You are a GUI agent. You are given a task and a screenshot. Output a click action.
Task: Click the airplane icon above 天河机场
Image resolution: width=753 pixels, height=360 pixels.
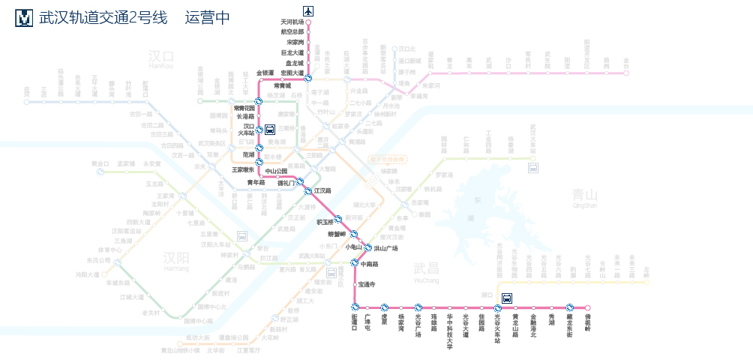[x=308, y=10]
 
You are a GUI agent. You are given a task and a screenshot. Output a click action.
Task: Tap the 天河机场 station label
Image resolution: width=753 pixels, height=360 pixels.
[x=292, y=22]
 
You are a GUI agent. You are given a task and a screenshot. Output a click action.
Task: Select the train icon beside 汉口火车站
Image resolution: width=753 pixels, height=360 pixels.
[x=270, y=129]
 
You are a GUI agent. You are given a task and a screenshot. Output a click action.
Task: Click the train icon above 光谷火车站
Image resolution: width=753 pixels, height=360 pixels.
[x=507, y=297]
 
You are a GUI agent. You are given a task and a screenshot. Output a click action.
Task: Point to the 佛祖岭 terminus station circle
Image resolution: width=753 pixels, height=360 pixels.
[x=588, y=307]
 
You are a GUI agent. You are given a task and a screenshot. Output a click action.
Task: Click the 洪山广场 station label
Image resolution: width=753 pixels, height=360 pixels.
[x=385, y=248]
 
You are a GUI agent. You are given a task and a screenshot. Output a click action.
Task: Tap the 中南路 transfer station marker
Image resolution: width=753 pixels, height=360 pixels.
[x=354, y=263]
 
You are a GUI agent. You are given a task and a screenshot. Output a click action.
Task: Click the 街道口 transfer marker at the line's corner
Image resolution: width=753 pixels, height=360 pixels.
[x=354, y=307]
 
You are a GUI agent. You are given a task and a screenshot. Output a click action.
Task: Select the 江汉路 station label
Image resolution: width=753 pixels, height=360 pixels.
[x=322, y=191]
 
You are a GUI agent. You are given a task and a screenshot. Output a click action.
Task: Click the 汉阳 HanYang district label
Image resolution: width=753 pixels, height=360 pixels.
[x=177, y=260]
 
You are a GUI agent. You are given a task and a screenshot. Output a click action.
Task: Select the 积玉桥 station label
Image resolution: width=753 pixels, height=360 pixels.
[x=328, y=222]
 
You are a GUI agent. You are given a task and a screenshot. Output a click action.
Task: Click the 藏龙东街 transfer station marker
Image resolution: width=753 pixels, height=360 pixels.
[x=570, y=307]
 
